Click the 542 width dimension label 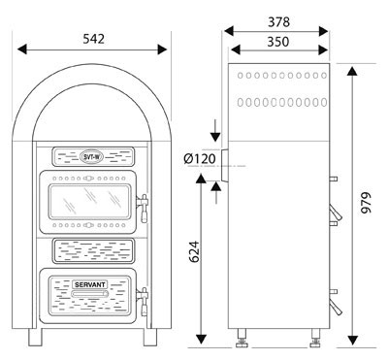point(94,39)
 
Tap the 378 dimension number point(278,22)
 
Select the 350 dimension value point(278,42)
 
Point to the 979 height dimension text point(366,203)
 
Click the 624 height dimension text point(194,251)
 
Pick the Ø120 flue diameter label point(200,159)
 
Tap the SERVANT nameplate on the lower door point(90,284)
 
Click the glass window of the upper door point(89,201)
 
